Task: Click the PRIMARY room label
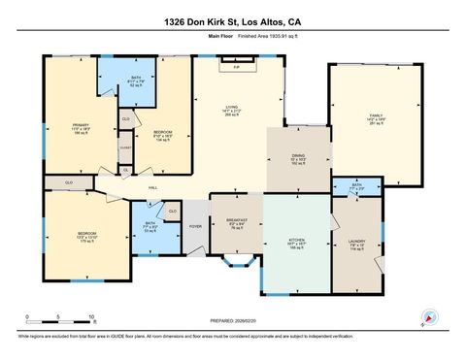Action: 81,125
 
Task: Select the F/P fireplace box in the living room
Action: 236,67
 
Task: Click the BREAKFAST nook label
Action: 236,221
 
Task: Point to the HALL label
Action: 152,187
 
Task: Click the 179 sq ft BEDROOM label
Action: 87,233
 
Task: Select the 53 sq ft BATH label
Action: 150,226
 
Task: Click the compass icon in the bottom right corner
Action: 428,319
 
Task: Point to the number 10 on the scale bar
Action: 90,317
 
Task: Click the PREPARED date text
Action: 232,320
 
